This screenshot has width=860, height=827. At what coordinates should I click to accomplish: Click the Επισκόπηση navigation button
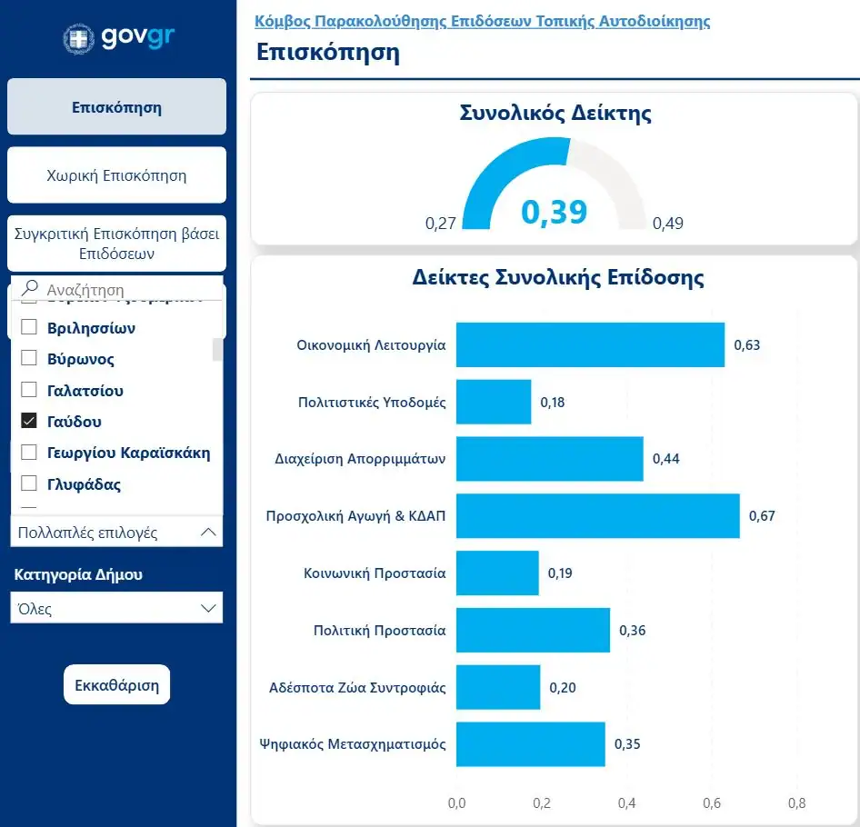[116, 107]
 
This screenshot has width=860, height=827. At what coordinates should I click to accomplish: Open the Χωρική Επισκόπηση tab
[116, 175]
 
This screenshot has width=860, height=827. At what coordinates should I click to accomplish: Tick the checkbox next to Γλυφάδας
[29, 484]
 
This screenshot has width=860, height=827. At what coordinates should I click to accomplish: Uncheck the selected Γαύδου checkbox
[29, 422]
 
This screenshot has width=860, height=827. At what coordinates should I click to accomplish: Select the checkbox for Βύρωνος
[29, 359]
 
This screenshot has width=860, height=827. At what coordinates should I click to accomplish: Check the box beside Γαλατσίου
[29, 391]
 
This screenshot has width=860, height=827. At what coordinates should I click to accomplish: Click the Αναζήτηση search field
[123, 290]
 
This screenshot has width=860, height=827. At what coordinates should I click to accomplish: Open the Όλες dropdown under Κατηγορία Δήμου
[116, 609]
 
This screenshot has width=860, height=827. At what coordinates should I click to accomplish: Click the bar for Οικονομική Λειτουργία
[590, 345]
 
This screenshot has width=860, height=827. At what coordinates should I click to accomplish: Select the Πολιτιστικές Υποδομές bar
[494, 402]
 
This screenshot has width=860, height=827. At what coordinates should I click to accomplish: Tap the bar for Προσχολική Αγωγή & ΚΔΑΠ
[597, 516]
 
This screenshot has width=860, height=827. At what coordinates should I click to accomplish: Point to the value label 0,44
[666, 459]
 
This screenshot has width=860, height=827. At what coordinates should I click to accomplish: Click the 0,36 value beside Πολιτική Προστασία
[633, 631]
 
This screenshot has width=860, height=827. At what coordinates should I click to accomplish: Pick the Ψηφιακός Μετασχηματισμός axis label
[361, 744]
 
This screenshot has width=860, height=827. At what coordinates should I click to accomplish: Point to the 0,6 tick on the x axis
[712, 803]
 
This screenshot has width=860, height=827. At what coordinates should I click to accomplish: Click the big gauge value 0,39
[554, 212]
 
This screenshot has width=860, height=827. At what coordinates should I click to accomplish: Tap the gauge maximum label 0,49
[668, 224]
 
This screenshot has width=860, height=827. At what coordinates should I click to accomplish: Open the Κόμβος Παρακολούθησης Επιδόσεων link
[483, 21]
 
